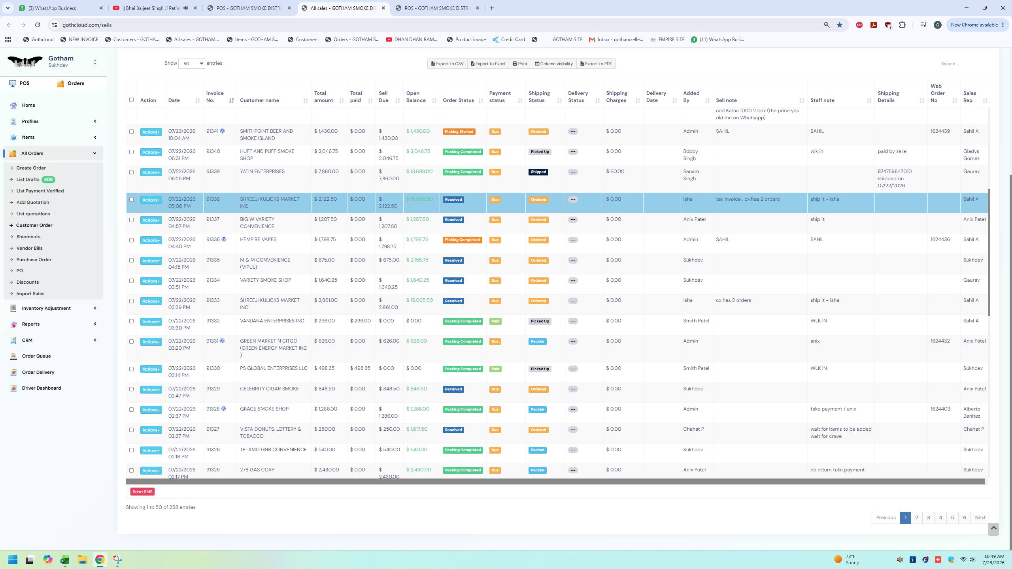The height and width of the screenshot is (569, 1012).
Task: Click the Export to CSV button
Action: click(447, 64)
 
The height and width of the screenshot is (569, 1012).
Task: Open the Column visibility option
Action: click(553, 64)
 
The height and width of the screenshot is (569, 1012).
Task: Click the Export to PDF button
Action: click(596, 64)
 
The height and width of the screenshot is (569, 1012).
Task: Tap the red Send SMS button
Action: click(142, 492)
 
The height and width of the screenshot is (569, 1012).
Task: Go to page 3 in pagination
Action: click(928, 518)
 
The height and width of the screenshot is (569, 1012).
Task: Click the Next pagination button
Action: click(980, 518)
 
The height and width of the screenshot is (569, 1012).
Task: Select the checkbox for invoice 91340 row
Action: click(131, 152)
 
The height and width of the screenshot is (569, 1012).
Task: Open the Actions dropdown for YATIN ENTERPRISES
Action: click(151, 172)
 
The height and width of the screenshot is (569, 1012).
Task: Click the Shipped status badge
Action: click(538, 172)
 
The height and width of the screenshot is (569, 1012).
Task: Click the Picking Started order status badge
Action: click(459, 132)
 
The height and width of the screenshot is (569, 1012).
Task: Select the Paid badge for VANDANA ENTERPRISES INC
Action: click(495, 321)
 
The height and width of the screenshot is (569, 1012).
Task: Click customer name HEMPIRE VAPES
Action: click(258, 239)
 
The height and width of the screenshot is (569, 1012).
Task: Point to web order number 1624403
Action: click(940, 409)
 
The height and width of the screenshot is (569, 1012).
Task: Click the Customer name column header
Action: click(259, 100)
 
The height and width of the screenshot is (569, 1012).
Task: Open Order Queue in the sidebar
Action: click(36, 356)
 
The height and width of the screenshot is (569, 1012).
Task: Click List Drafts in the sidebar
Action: click(28, 179)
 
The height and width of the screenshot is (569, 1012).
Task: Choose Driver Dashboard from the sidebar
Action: click(42, 388)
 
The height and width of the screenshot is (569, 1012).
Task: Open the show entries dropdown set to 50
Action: click(191, 63)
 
